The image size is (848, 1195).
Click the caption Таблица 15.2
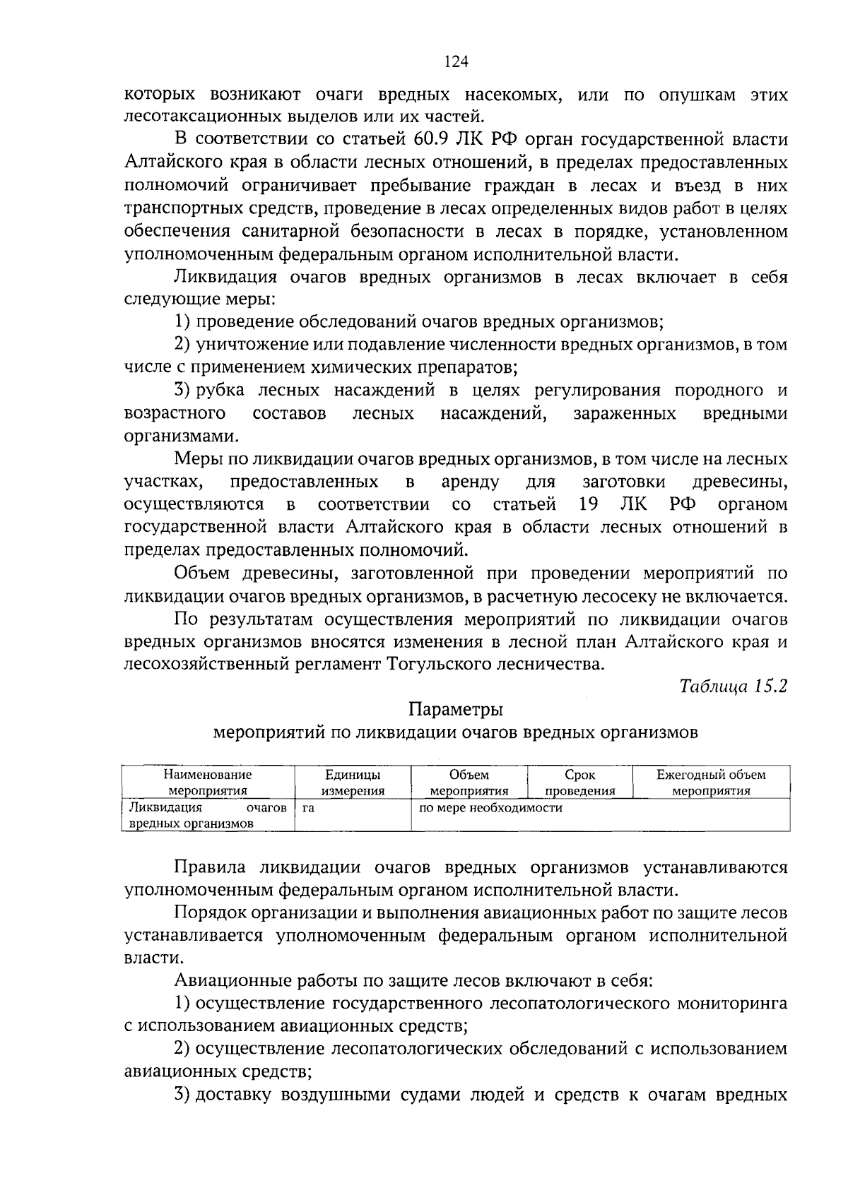733,686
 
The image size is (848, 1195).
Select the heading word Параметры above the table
456,709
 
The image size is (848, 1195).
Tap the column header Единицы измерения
353,783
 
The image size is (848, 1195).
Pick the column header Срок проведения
580,783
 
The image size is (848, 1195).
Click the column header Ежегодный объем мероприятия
710,783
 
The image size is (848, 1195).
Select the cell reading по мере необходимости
490,808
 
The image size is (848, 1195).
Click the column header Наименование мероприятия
208,783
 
